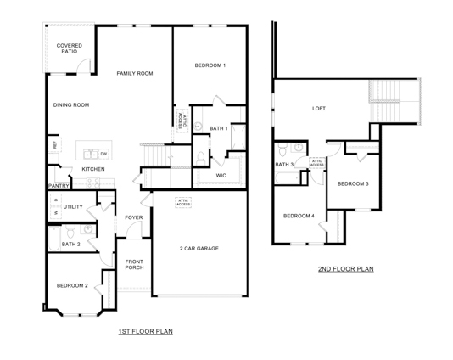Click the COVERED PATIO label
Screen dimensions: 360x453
pyautogui.click(x=69, y=48)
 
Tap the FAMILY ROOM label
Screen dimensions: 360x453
pyautogui.click(x=134, y=74)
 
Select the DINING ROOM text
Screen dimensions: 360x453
pyautogui.click(x=71, y=105)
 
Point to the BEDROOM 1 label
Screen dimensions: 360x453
pyautogui.click(x=210, y=65)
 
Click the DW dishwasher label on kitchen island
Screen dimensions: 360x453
pyautogui.click(x=103, y=154)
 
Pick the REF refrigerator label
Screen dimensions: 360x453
pyautogui.click(x=55, y=145)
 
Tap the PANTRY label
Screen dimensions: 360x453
pyautogui.click(x=59, y=185)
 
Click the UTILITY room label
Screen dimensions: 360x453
pyautogui.click(x=72, y=206)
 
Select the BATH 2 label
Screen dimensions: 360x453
pyautogui.click(x=70, y=245)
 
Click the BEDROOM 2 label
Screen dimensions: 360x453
pyautogui.click(x=72, y=285)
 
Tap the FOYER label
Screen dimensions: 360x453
pyautogui.click(x=134, y=217)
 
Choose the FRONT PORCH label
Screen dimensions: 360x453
pyautogui.click(x=134, y=264)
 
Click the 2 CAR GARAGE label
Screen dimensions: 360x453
pyautogui.click(x=199, y=248)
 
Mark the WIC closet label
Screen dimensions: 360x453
pyautogui.click(x=221, y=176)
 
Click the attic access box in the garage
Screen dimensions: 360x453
pyautogui.click(x=183, y=203)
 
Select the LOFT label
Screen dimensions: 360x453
pyautogui.click(x=318, y=108)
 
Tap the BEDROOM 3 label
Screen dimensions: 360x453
pyautogui.click(x=353, y=183)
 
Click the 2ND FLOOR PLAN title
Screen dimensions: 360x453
pyautogui.click(x=345, y=269)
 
